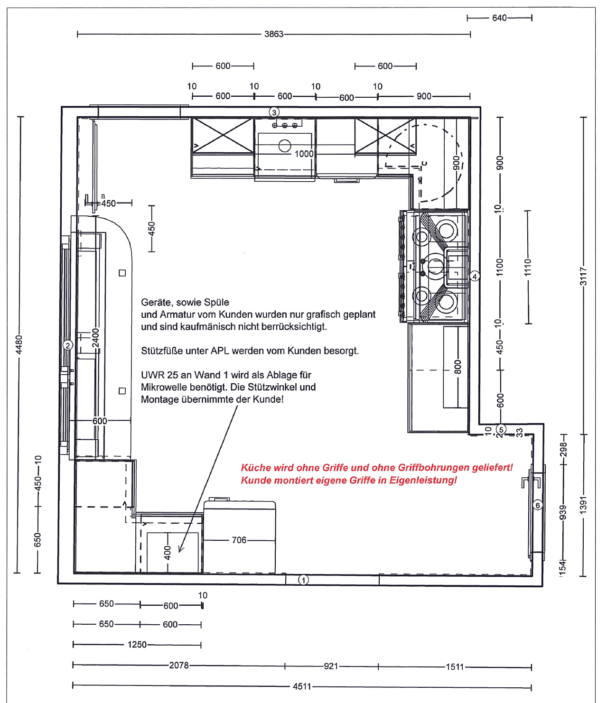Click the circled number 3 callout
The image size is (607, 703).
pos(274,112)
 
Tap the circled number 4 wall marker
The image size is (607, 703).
pos(475,277)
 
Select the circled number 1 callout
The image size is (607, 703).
pos(304,580)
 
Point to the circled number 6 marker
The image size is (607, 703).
pos(538,505)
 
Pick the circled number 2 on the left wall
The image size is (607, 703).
pos(68,345)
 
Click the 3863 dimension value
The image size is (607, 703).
pos(274,34)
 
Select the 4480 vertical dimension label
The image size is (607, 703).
pos(19,344)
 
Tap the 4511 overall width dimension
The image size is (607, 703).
pos(302,686)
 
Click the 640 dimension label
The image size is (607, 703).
pos(499,18)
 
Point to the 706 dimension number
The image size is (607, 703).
pos(239,540)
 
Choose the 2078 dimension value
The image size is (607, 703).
pos(179,665)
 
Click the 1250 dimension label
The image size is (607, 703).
pos(137,645)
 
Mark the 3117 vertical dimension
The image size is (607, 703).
pos(583,277)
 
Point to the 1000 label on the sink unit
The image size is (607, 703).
pos(304,154)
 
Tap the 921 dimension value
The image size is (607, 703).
pos(331,666)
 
